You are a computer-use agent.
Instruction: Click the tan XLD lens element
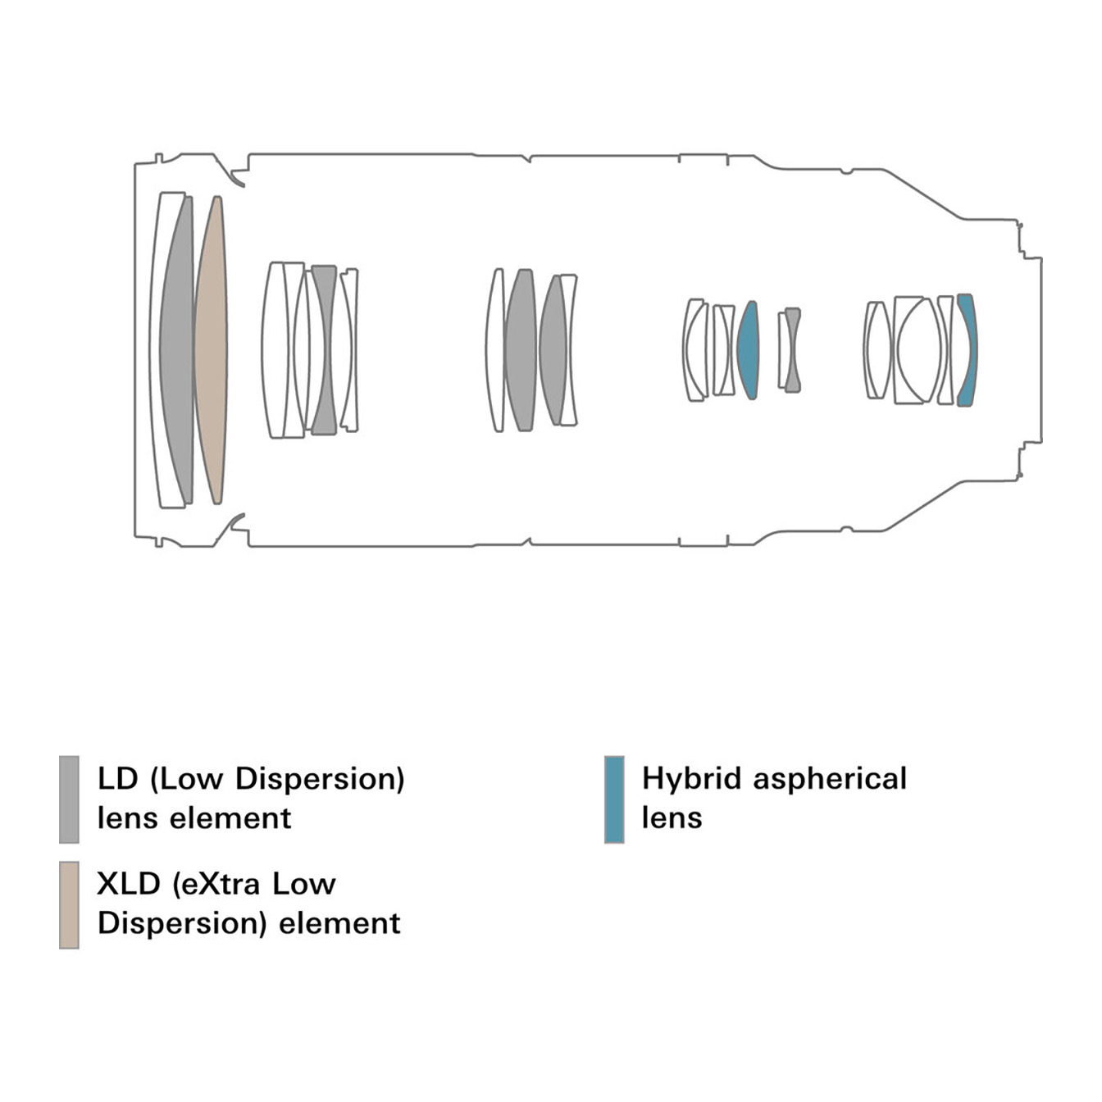click(211, 350)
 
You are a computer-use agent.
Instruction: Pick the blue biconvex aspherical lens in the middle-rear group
click(748, 350)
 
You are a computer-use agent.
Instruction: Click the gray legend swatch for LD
click(69, 799)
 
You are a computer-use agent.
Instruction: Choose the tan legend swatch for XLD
click(69, 904)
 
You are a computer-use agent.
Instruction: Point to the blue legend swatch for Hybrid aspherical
click(614, 799)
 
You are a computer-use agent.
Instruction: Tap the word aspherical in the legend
click(830, 780)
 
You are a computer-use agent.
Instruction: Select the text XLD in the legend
click(129, 884)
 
